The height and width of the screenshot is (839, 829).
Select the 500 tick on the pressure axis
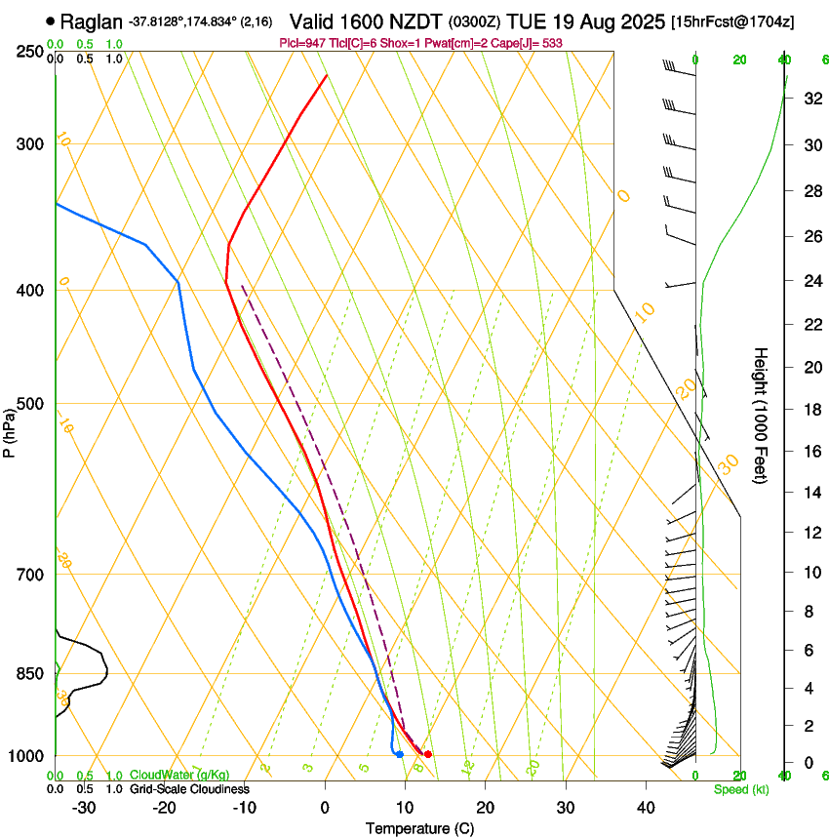(x=29, y=404)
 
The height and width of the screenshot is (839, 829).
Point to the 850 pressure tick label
(x=29, y=673)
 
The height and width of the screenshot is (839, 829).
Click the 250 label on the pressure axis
(x=29, y=51)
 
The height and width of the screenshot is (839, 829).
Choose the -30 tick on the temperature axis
(x=84, y=807)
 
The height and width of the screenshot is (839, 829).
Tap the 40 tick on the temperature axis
(x=646, y=807)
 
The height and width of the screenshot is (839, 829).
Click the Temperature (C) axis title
(x=419, y=828)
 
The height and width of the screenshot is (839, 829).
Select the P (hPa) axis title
(x=9, y=429)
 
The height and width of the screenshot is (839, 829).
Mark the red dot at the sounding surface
(x=428, y=754)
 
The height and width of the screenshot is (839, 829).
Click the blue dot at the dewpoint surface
(x=400, y=754)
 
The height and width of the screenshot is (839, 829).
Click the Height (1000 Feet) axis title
(x=761, y=415)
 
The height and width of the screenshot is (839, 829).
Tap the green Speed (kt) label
(x=740, y=789)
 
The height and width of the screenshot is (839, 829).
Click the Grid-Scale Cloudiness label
(x=189, y=788)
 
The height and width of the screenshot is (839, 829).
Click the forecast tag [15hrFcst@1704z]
(x=744, y=21)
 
